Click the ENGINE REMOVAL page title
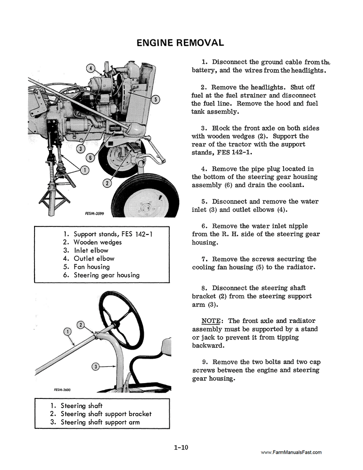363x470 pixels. pyautogui.click(x=180, y=43)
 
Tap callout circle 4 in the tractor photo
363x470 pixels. pyautogui.click(x=91, y=69)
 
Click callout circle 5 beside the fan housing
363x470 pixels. pyautogui.click(x=155, y=100)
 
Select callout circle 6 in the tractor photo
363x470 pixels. pyautogui.click(x=91, y=158)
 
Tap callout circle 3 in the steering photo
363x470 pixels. pyautogui.click(x=95, y=366)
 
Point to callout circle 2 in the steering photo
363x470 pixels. pyautogui.click(x=80, y=325)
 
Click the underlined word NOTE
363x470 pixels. pyautogui.click(x=211, y=321)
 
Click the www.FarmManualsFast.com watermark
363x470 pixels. pyautogui.click(x=291, y=452)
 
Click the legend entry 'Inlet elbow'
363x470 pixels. pyautogui.click(x=91, y=250)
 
